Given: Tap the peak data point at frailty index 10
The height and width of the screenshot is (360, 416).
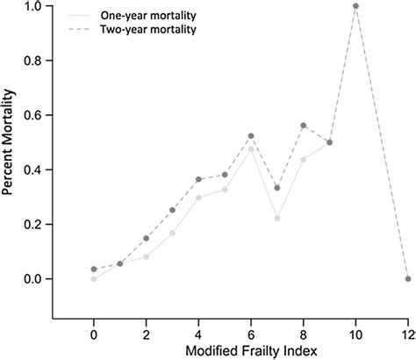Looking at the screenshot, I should (x=355, y=6).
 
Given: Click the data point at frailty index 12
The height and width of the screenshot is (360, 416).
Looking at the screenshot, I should (x=407, y=278).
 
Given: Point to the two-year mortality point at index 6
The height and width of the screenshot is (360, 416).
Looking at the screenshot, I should (x=251, y=136).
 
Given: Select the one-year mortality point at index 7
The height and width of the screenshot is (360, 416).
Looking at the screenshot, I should (x=277, y=219).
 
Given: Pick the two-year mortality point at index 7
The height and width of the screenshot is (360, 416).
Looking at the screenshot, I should (x=277, y=188).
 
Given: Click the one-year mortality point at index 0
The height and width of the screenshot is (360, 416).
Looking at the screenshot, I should (x=94, y=278).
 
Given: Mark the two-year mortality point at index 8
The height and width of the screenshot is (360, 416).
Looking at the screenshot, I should (x=304, y=126).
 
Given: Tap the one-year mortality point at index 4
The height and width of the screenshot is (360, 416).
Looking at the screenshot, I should (x=199, y=198).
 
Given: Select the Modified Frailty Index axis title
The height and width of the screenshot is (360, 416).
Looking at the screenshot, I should (x=250, y=350).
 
